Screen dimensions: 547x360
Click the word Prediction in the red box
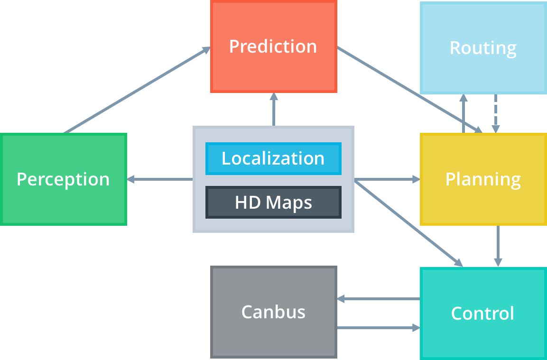273,46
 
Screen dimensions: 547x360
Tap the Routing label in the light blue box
483,48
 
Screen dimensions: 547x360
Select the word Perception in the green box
63,180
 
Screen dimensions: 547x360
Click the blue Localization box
273,158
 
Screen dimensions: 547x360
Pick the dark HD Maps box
273,203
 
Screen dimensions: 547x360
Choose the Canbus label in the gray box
273,312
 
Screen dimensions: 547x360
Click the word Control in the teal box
482,313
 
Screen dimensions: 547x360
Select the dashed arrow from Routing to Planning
496,114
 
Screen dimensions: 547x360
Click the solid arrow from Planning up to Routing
464,114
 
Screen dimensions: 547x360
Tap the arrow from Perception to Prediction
137,90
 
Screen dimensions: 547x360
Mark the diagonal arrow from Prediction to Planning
410,90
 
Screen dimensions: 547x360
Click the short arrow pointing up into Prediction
274,109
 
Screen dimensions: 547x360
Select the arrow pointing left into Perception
160,179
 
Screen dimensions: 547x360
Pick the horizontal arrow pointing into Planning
387,179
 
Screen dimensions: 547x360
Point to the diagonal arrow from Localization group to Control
408,223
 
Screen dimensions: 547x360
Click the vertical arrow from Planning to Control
498,246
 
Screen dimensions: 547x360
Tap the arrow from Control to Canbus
379,299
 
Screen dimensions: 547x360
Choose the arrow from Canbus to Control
379,328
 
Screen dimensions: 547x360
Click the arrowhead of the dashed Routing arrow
496,129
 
